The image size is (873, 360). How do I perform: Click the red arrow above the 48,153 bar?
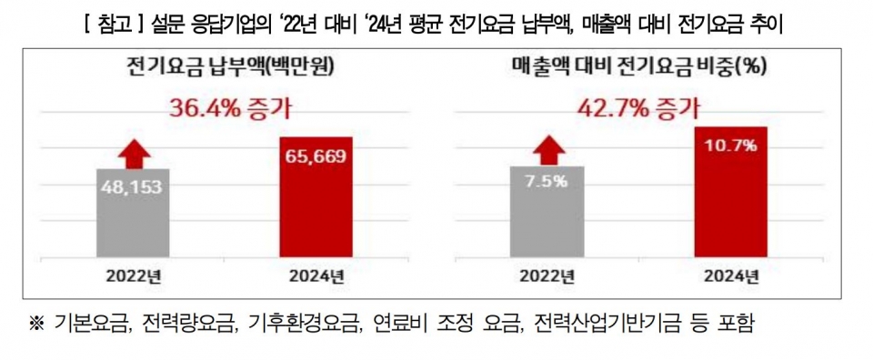135,152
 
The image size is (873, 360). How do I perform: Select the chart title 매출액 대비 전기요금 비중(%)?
636,66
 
